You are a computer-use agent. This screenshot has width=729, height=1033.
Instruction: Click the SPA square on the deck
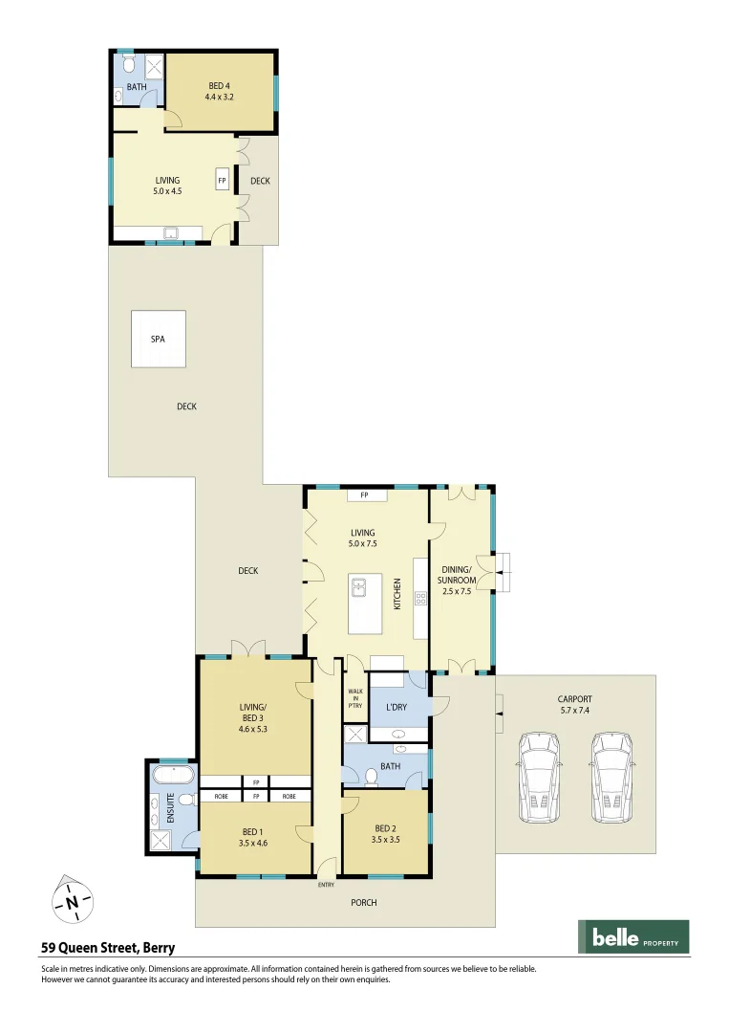(159, 339)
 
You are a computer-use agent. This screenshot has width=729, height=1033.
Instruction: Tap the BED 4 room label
(220, 92)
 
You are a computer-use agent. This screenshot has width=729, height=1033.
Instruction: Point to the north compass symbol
(72, 900)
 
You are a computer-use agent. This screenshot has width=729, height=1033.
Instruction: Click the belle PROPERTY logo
(633, 937)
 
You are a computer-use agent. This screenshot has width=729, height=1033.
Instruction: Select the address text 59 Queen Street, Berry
(108, 949)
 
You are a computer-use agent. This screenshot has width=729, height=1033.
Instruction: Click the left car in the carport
(542, 777)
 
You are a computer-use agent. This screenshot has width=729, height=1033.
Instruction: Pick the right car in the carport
(611, 777)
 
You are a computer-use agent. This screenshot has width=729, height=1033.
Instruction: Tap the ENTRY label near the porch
(327, 885)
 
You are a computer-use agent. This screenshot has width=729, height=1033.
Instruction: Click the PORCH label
(363, 902)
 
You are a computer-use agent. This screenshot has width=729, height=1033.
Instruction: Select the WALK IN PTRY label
(354, 698)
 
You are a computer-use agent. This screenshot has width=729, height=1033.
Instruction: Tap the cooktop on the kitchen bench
(419, 599)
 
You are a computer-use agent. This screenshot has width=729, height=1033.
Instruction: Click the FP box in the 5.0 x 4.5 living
(222, 181)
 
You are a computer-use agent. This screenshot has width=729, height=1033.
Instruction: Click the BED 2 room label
(386, 833)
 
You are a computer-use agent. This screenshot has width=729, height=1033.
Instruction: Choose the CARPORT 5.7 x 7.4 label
(574, 704)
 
